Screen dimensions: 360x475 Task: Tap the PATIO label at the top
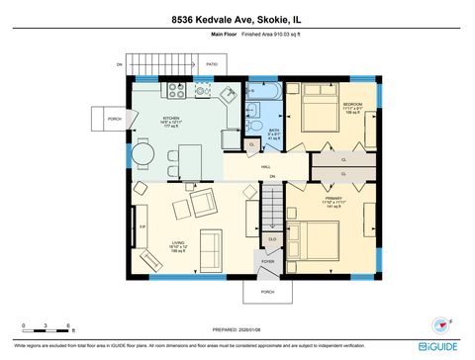(x=212, y=65)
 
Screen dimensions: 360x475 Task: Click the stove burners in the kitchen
(x=177, y=90)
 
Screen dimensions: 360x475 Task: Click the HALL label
(x=266, y=167)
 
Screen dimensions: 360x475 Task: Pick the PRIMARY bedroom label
(x=332, y=200)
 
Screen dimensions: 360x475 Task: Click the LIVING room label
(x=178, y=242)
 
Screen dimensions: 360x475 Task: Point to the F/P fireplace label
(x=142, y=226)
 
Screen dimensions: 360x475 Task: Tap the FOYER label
(x=267, y=262)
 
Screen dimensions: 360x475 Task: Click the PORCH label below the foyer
(x=267, y=293)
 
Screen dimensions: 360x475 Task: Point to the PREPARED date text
(x=237, y=329)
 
